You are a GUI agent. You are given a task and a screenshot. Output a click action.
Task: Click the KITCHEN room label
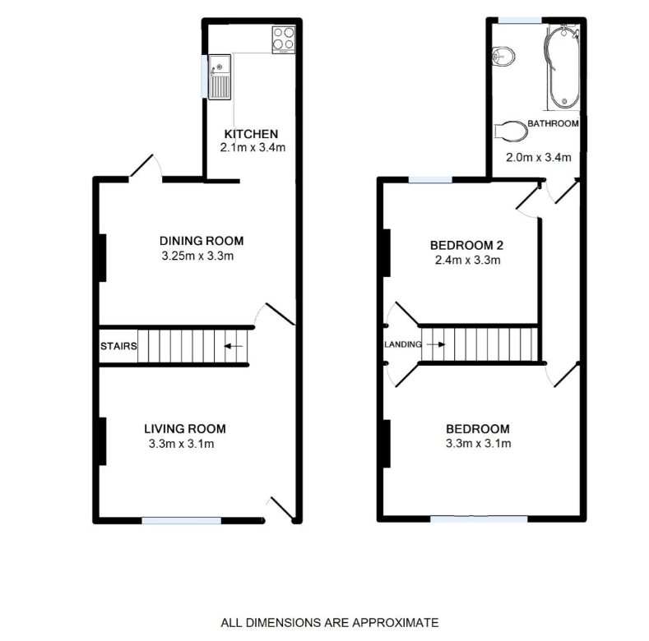(x=253, y=134)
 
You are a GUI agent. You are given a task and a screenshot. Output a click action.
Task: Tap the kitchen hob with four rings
(x=282, y=39)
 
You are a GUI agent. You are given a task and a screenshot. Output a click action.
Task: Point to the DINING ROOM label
(x=202, y=241)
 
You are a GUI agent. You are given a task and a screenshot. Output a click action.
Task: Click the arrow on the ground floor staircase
(x=234, y=346)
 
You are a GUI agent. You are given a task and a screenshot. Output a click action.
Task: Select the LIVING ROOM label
(x=184, y=429)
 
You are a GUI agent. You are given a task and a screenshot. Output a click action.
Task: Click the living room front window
(x=181, y=519)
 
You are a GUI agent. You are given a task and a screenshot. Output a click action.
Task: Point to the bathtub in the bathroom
(x=562, y=66)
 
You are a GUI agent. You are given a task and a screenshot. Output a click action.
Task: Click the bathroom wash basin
(x=503, y=55)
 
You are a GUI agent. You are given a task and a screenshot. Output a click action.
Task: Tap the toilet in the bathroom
(x=511, y=131)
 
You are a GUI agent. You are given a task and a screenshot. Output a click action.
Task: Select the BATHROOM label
(x=553, y=124)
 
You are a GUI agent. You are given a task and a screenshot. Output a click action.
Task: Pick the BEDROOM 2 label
(x=466, y=245)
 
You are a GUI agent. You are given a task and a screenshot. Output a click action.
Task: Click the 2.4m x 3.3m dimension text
(x=466, y=261)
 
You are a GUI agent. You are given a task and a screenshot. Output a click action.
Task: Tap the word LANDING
(x=403, y=344)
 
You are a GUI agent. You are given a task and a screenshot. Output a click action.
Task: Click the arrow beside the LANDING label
(x=435, y=344)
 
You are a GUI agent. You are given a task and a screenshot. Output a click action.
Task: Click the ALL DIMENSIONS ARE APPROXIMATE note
(x=330, y=623)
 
